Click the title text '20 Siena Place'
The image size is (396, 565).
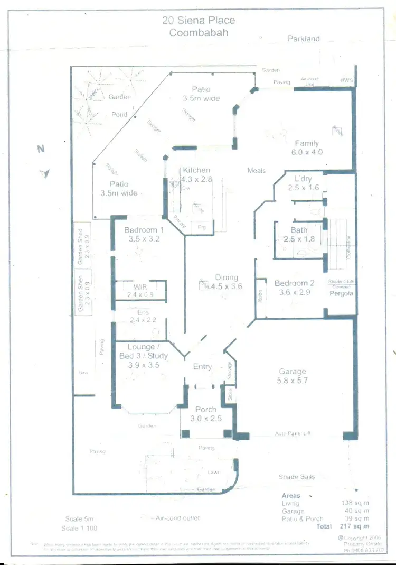pos(198,21)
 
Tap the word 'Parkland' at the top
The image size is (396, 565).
pos(304,39)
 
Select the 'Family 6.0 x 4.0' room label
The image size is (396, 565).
pos(307,147)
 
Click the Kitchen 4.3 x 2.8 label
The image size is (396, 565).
pos(197,174)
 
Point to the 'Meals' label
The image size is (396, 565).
pos(257,171)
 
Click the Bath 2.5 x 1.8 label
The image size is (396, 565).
pos(299,235)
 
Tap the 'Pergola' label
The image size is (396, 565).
pos(341,293)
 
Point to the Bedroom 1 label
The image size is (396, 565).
pos(144,234)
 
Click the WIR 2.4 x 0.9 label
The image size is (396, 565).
pos(140,290)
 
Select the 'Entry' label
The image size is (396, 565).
pos(202,367)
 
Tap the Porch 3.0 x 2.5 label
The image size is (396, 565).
pos(206,414)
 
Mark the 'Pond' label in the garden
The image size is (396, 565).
pos(119,114)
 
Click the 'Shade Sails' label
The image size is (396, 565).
pos(296,477)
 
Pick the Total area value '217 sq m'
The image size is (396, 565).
pos(355,526)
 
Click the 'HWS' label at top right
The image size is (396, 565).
pos(346,80)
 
